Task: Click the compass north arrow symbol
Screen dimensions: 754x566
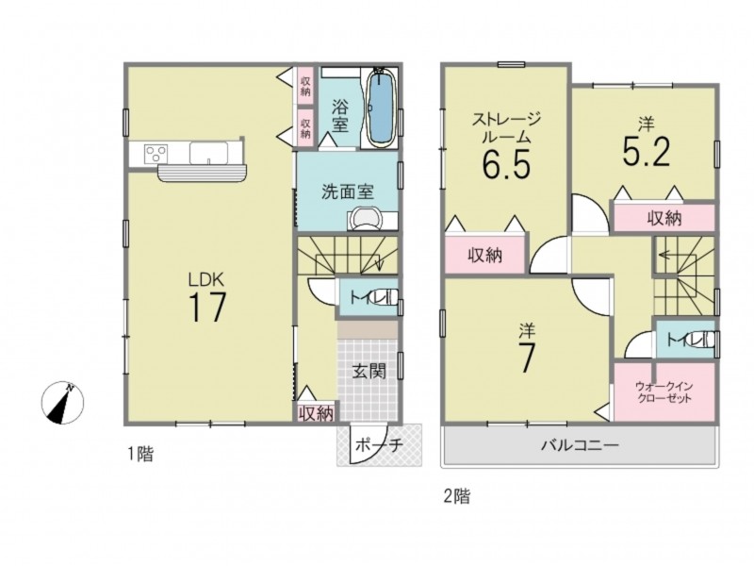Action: tap(62, 403)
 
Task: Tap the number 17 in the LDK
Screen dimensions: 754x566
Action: tap(206, 308)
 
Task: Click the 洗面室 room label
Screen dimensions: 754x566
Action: tap(347, 192)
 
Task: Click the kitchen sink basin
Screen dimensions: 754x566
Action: tap(208, 153)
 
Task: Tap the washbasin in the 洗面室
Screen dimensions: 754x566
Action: tap(365, 220)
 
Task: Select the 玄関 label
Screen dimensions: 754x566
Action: tap(369, 371)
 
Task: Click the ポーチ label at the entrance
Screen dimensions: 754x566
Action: tap(379, 445)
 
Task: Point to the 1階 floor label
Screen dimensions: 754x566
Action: tap(139, 454)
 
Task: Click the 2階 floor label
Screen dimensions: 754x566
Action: tap(456, 496)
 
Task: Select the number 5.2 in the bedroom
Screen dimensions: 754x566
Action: tap(646, 152)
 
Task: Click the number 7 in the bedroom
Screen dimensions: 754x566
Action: tap(527, 358)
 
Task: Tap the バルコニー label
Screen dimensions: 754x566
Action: tap(580, 444)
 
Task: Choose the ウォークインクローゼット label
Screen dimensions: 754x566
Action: tap(664, 392)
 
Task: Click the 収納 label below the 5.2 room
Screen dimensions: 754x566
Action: tap(664, 219)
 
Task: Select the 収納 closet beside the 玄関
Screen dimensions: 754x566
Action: tap(316, 413)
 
